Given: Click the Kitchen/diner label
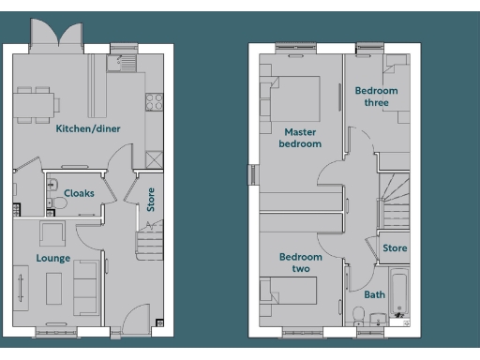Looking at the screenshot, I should click(87, 128).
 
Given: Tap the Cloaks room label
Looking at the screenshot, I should click(78, 193).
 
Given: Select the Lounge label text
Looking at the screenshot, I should click(53, 257).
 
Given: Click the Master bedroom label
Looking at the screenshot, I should click(300, 138).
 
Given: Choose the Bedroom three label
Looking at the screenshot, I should click(375, 97).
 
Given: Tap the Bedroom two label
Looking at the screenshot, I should click(300, 262).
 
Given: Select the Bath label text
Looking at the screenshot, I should click(374, 294).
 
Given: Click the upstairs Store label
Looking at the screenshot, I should click(395, 248).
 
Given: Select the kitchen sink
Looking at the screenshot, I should click(118, 63).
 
